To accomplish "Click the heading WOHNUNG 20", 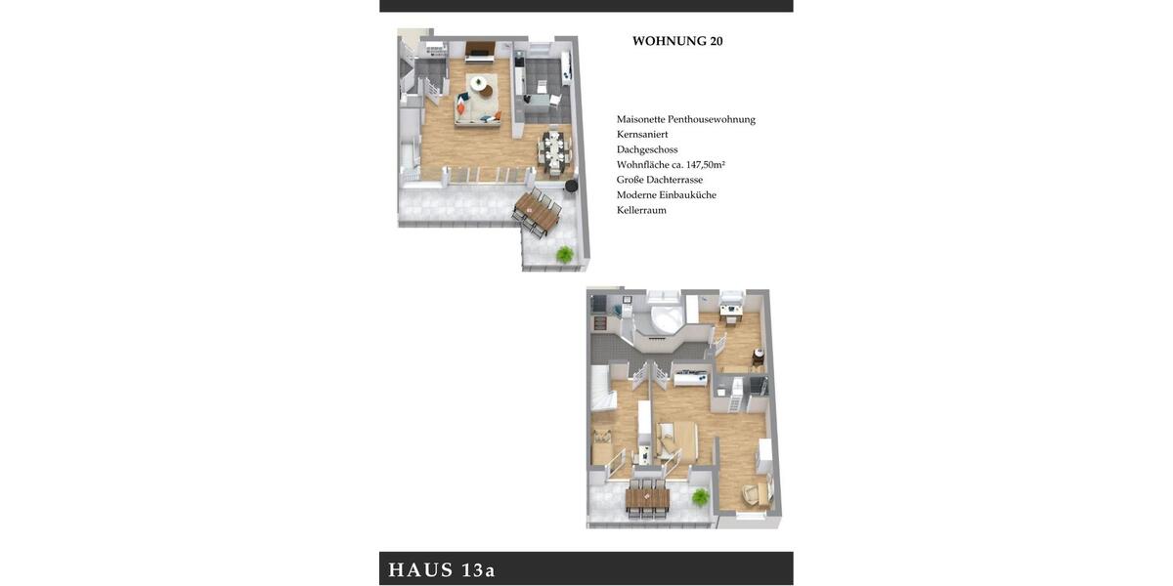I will [x=677, y=41].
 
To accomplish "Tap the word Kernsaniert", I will [x=642, y=134].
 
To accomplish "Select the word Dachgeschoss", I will [x=647, y=149].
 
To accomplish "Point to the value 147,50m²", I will [x=706, y=165].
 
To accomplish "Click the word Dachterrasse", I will [x=674, y=180].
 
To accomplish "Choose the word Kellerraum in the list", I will [x=641, y=210].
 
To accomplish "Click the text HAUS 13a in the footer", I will [x=442, y=569].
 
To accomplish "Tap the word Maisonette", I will [x=641, y=119].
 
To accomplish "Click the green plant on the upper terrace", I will [x=564, y=254].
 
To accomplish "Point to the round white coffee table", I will [x=478, y=84].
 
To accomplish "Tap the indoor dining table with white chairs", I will [x=554, y=150].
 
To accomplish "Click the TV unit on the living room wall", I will [x=479, y=49].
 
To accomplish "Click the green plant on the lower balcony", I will [x=700, y=497].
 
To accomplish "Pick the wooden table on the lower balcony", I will [x=647, y=499].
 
